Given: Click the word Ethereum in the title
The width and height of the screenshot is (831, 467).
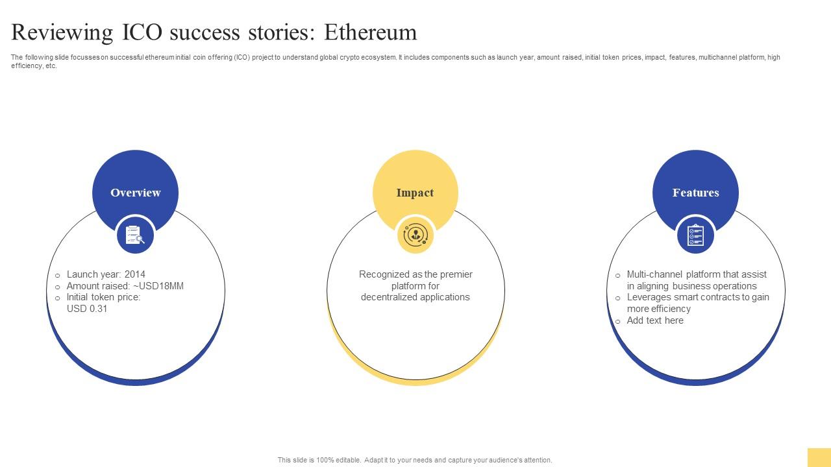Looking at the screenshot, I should pos(371,32).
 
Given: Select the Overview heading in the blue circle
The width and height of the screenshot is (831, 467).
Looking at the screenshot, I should pos(135,193).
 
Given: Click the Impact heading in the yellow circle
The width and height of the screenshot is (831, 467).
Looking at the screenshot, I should pos(415,193).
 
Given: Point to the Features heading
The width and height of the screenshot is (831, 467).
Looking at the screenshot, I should pos(695,193).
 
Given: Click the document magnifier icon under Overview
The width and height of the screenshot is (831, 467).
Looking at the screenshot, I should pos(135,235).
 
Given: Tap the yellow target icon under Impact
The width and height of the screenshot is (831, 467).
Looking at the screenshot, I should pos(415,235).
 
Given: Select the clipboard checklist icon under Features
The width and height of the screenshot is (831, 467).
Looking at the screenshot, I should pos(695,235).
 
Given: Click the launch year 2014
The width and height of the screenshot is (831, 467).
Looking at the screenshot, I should pos(135,274).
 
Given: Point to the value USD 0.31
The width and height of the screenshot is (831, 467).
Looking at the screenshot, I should pos(87,309).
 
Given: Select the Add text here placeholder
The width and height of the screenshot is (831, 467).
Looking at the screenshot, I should pos(655,320).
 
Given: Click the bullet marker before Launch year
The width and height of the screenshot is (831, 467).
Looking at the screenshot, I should pos(58,276).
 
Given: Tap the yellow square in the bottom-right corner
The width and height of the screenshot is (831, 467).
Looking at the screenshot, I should pos(819,457).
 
